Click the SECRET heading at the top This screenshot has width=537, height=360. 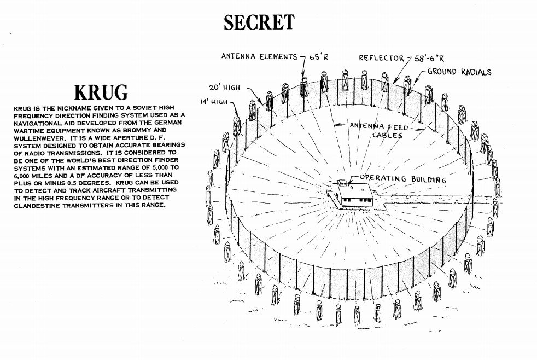point(259,22)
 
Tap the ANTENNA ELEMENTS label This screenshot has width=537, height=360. point(259,56)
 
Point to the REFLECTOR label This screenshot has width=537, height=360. point(381,58)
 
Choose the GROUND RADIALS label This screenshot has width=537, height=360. point(459,72)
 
